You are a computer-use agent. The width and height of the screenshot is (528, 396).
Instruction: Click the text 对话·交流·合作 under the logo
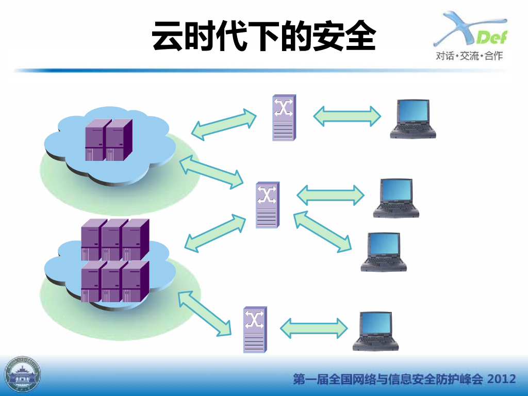(469, 56)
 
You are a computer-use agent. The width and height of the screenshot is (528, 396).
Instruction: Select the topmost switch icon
(284, 118)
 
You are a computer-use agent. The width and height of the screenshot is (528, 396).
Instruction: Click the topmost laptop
(412, 119)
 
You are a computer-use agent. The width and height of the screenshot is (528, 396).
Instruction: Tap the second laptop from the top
(396, 198)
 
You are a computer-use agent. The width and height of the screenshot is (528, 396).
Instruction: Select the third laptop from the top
(384, 252)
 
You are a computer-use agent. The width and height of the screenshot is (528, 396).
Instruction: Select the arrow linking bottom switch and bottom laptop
(314, 328)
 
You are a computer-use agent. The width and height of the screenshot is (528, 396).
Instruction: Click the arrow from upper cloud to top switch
(224, 123)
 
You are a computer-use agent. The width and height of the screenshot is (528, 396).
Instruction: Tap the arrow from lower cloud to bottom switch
(204, 313)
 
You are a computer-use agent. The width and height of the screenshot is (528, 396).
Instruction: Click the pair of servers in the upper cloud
(109, 139)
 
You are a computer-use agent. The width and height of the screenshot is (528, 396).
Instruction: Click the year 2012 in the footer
(502, 379)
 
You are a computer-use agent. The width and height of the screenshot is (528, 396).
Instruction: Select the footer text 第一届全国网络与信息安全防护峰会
(388, 379)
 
